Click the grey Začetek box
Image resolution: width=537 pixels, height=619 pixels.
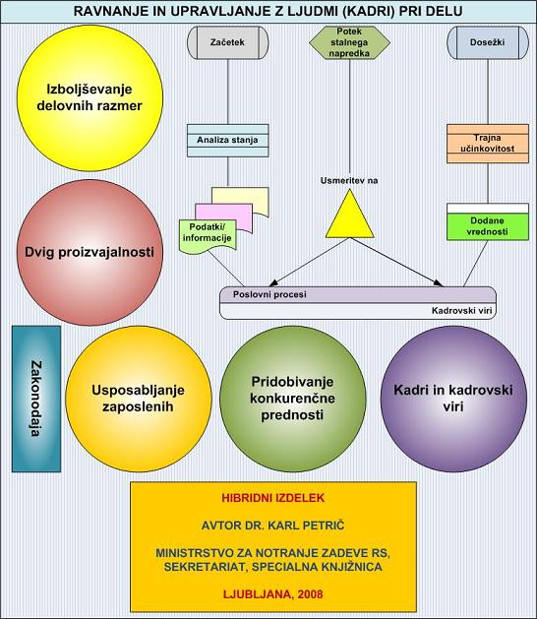(x=227, y=42)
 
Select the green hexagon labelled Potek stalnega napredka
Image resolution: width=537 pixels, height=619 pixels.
(x=349, y=42)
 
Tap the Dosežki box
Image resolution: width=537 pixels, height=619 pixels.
(x=488, y=42)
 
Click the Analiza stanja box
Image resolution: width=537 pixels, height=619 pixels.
(x=227, y=141)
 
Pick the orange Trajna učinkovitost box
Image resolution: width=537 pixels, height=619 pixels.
(x=488, y=144)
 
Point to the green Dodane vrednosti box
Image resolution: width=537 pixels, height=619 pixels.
(x=488, y=221)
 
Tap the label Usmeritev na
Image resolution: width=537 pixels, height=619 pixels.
(x=349, y=181)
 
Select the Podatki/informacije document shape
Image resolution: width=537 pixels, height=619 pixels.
(x=208, y=236)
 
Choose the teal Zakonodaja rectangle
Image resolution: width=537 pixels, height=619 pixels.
(x=36, y=399)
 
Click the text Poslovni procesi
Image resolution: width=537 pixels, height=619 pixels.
(x=269, y=294)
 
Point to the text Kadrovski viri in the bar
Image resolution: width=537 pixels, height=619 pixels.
(x=461, y=311)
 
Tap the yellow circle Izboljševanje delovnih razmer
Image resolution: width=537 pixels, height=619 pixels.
(x=89, y=97)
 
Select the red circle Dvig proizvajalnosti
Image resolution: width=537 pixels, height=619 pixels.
(x=89, y=252)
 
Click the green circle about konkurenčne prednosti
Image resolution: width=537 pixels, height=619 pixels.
(x=292, y=399)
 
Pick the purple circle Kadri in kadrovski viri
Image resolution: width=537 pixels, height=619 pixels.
(x=453, y=399)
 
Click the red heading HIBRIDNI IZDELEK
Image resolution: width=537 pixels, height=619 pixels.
(x=273, y=498)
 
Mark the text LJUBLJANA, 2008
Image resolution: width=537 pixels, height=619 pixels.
(x=273, y=594)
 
